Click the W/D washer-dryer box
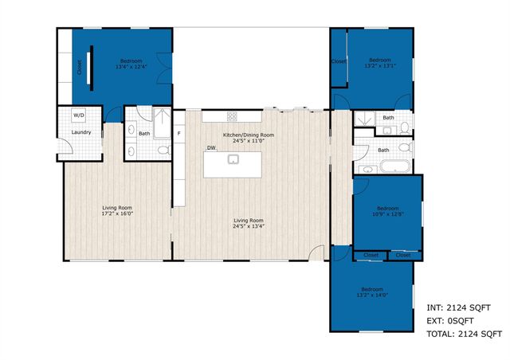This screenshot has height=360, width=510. (x=79, y=115)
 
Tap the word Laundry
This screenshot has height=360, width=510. (x=80, y=132)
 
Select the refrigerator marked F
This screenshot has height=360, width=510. (x=179, y=133)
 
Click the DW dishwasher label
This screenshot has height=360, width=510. (x=211, y=147)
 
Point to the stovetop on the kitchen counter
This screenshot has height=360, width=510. (x=232, y=116)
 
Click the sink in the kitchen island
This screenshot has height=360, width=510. (x=233, y=159)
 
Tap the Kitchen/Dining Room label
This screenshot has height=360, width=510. (x=249, y=135)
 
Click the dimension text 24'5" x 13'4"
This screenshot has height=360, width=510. (x=249, y=226)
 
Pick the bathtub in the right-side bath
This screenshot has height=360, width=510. (x=394, y=167)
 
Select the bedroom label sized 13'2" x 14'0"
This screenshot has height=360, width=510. (x=371, y=294)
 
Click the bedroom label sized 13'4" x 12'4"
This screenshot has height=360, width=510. (x=131, y=67)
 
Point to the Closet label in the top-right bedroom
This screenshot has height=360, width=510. (x=339, y=61)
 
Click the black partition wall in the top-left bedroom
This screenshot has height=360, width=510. (x=91, y=63)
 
